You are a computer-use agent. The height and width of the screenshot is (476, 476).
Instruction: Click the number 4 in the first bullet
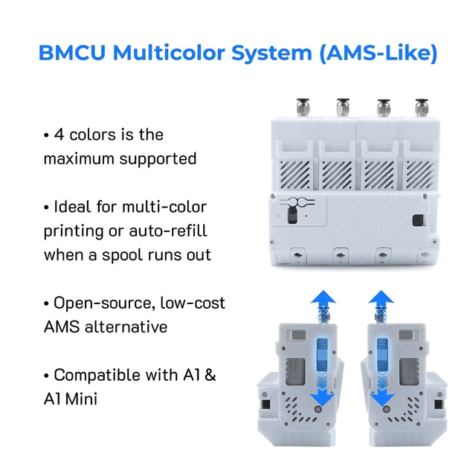[x=59, y=135]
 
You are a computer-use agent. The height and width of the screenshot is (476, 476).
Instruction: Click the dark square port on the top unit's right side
[x=417, y=222]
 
